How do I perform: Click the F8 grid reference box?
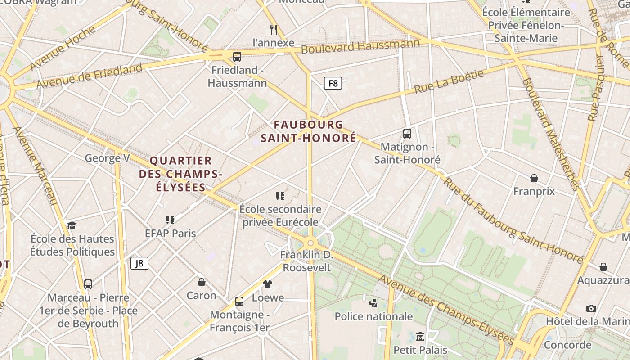[x=333, y=83]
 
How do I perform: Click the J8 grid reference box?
[x=139, y=263]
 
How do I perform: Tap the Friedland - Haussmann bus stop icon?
[x=237, y=57]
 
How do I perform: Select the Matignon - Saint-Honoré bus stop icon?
[x=407, y=134]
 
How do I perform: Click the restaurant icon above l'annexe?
[x=273, y=30]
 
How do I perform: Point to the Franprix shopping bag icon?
[x=534, y=179]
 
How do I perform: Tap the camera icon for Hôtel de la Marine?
[x=591, y=308]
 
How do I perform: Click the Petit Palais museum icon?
[x=420, y=337]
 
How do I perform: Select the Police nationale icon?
[x=373, y=303]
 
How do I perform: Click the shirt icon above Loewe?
[x=268, y=284]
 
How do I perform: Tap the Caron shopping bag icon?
[x=202, y=282]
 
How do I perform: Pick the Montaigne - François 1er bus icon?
[x=239, y=301]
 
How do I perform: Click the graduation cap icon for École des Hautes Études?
[x=72, y=225]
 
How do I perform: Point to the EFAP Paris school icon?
[x=170, y=220]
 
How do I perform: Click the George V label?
[x=108, y=158]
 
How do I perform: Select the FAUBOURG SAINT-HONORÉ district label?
[x=309, y=131]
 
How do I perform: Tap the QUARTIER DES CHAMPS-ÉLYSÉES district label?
[x=180, y=174]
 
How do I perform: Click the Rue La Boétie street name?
[x=449, y=81]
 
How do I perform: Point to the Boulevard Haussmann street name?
[x=360, y=46]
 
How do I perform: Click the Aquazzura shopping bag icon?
[x=603, y=267]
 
